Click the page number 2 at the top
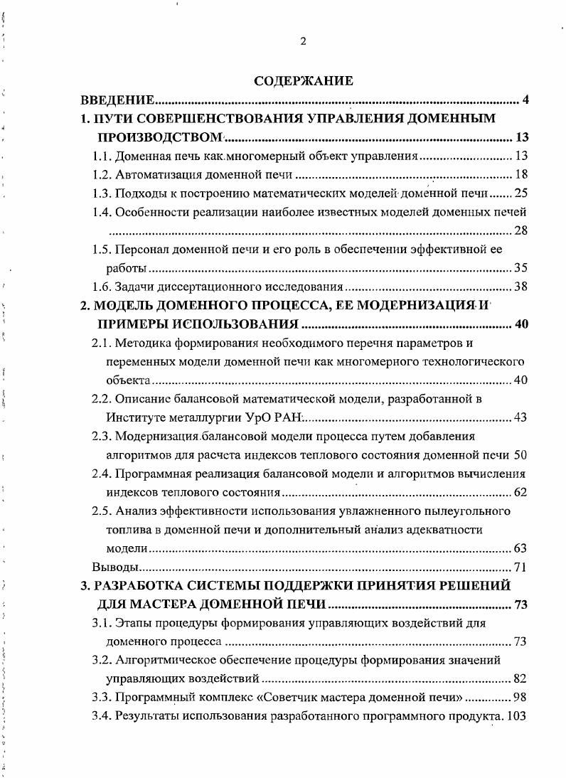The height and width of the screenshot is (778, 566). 303,41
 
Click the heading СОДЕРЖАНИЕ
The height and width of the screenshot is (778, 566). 303,81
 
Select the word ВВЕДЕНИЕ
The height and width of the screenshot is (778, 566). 117,100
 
